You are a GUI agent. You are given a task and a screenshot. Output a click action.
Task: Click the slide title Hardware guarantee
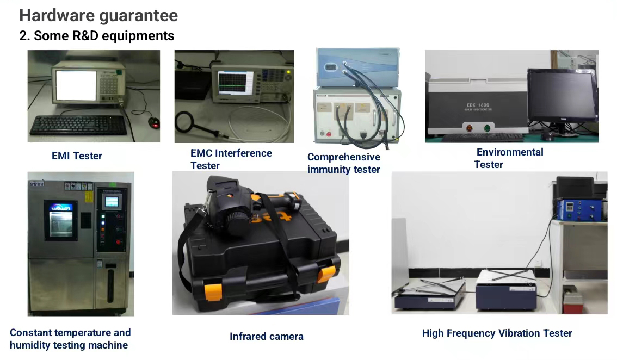coord(98,16)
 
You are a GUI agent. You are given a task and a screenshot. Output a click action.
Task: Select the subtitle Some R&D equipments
coord(104,36)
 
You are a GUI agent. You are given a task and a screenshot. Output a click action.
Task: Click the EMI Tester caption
coord(77,156)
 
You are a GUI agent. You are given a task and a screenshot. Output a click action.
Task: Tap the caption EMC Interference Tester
coord(231,159)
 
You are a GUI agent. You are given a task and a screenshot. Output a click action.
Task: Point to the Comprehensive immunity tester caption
coord(344,163)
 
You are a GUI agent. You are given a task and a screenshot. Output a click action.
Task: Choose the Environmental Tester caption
coord(508,158)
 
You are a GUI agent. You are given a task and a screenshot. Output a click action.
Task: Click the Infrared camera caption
coord(267,337)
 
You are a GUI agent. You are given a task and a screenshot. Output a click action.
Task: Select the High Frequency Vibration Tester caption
coord(497,333)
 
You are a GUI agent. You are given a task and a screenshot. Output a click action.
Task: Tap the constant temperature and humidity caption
coord(70,339)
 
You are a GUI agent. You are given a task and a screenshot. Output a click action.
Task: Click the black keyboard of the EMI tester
coord(79,126)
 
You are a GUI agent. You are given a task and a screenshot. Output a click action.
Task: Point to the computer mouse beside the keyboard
coord(155,122)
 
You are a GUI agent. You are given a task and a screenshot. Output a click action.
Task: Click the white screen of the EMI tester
coord(76,85)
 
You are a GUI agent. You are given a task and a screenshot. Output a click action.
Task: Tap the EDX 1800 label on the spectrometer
coord(478,105)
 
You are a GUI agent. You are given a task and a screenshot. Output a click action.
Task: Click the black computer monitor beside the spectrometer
coord(562,96)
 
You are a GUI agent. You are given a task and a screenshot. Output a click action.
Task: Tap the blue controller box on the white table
coord(580,209)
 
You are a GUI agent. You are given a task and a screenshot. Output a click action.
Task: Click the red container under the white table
coord(572,301)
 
